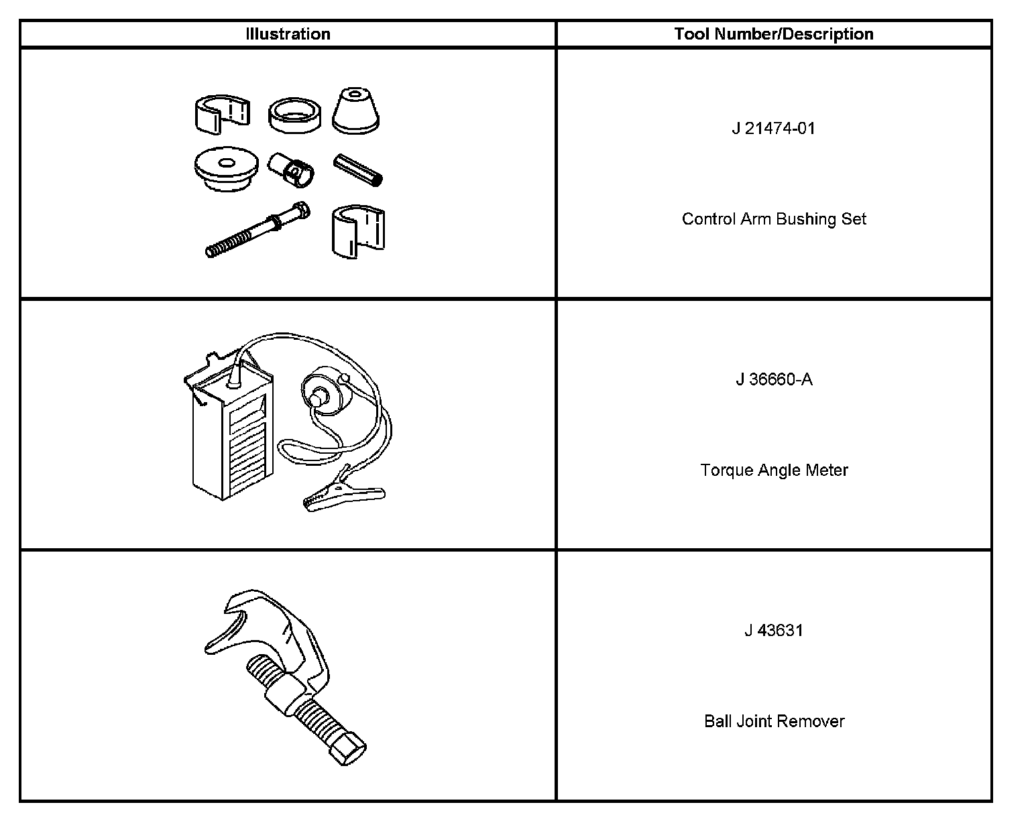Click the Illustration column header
[x=288, y=34]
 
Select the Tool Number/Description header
[x=773, y=34]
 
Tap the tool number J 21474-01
[x=773, y=128]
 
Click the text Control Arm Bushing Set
[x=774, y=219]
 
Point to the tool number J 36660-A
[x=774, y=379]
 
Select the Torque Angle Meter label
[x=774, y=470]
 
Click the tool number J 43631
[x=773, y=631]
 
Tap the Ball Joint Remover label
[x=774, y=722]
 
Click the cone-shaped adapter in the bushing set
[x=355, y=111]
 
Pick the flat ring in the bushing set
[x=294, y=115]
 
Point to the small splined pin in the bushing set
[x=358, y=170]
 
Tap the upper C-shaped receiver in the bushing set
[x=219, y=113]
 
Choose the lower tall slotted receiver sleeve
[x=358, y=231]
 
